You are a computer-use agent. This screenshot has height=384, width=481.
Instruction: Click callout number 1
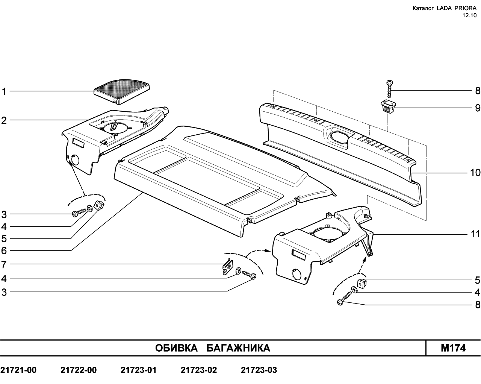coord(4,91)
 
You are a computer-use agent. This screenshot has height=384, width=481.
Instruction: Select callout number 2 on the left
coord(4,121)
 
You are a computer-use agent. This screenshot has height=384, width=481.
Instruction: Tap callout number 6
coord(4,250)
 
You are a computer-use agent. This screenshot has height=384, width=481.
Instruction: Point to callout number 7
coord(4,265)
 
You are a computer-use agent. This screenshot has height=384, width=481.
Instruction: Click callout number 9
coord(477,108)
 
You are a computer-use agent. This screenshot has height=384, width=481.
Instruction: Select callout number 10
coord(475,173)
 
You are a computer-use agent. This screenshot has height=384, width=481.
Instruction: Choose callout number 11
coord(476,234)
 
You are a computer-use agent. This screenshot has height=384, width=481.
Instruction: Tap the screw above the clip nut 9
coord(390,89)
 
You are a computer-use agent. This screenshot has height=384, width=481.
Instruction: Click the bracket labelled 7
coord(228,266)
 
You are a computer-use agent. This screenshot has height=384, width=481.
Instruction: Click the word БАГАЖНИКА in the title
coord(238,348)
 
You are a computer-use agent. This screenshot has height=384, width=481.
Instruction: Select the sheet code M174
coord(453,348)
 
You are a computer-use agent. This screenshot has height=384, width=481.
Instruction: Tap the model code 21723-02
coord(199,370)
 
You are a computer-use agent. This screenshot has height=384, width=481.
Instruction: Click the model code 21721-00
coord(18,370)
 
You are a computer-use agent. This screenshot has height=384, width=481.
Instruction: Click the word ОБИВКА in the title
coord(176,348)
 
